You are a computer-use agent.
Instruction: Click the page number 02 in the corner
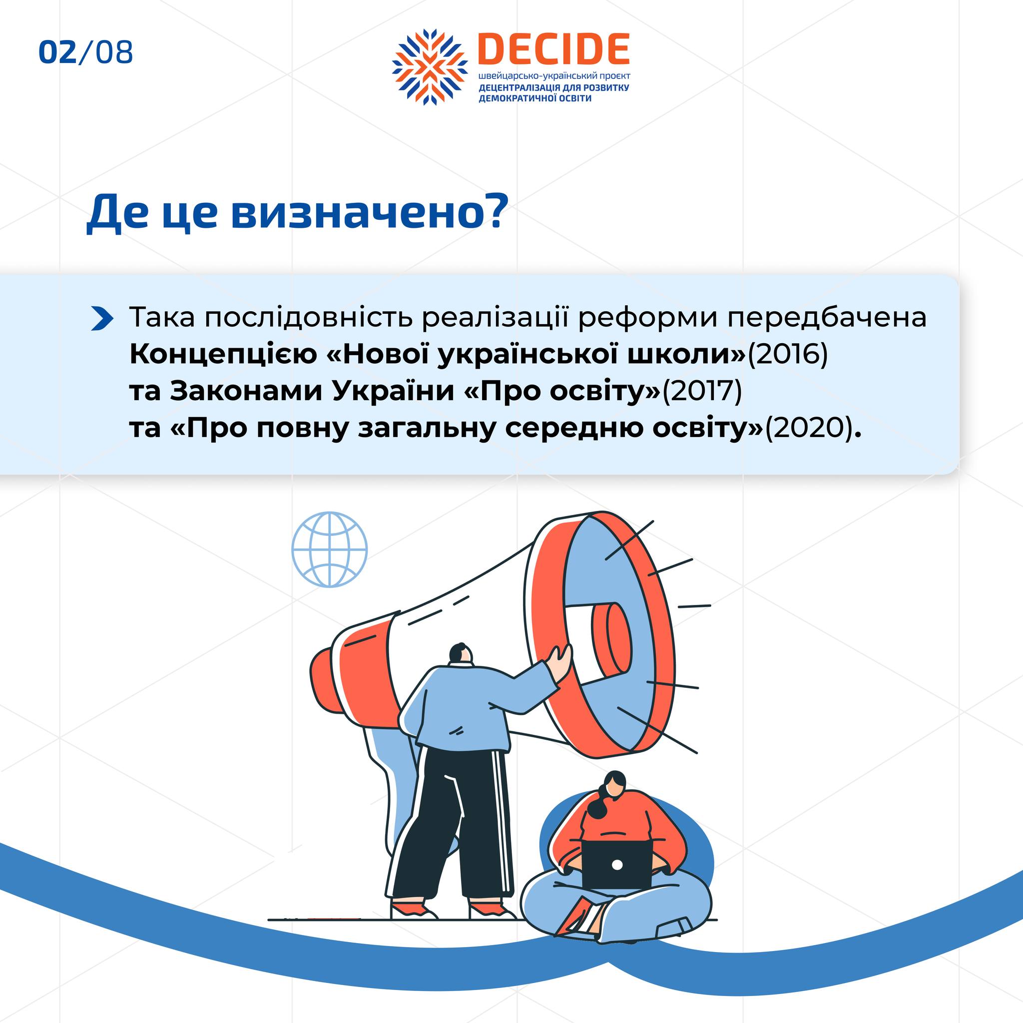point(58,52)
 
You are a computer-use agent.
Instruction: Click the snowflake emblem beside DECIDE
point(430,67)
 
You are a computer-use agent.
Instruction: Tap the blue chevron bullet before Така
point(102,318)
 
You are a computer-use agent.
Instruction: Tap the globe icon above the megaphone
point(329,549)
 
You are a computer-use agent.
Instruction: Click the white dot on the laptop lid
point(617,865)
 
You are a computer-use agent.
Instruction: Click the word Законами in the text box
point(245,391)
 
